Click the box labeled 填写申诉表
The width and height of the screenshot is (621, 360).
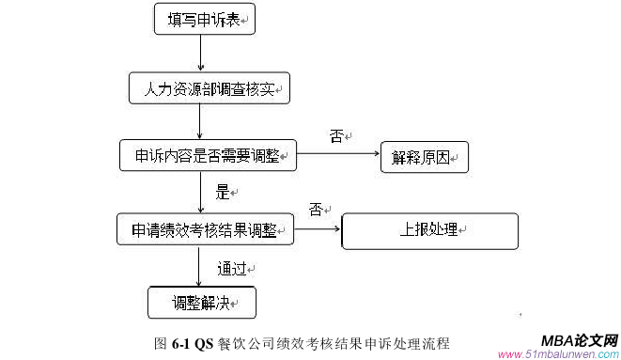tap(205, 20)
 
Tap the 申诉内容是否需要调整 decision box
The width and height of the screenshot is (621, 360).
tap(208, 154)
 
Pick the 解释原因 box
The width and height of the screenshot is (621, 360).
tap(423, 156)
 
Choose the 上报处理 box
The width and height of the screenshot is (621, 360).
tap(429, 230)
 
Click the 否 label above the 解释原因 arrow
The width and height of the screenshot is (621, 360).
tap(335, 137)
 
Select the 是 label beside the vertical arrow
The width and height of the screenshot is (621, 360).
tap(223, 193)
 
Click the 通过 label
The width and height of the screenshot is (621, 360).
tap(231, 268)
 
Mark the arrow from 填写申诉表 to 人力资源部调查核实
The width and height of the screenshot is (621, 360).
tap(200, 54)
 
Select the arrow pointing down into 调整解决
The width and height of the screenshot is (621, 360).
tap(200, 265)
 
